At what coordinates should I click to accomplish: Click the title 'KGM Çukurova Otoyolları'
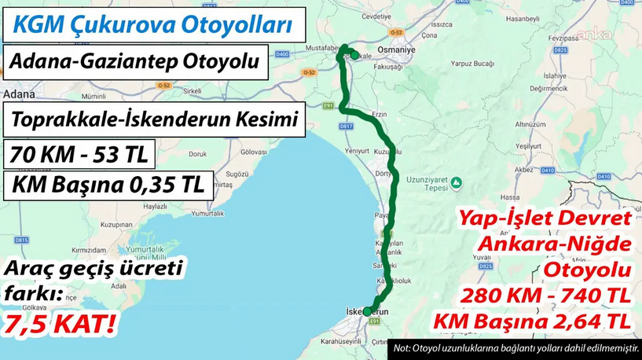(152, 24)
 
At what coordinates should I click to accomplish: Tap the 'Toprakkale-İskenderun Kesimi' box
(154, 120)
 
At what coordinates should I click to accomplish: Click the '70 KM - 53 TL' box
(79, 154)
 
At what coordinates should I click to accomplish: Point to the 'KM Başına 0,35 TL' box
(108, 186)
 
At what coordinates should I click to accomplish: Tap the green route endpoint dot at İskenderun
(367, 312)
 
